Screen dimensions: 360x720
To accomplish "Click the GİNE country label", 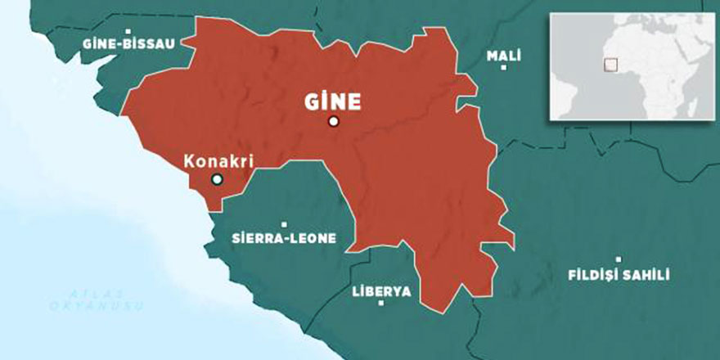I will (x=333, y=102).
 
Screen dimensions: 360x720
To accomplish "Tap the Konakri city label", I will (x=216, y=161).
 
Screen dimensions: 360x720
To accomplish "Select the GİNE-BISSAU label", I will (x=128, y=43).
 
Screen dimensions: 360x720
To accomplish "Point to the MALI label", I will (x=503, y=56).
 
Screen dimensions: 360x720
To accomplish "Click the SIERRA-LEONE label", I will (x=283, y=239).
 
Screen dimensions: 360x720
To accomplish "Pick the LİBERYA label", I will (x=381, y=291).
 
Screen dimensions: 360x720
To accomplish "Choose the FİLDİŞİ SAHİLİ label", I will (x=619, y=275).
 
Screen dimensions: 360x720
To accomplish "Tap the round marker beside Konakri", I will (x=217, y=179).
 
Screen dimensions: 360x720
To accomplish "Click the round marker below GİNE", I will (x=333, y=122).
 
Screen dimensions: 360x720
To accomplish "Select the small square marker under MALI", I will (x=503, y=68).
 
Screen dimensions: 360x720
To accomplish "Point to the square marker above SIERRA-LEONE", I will (x=284, y=224).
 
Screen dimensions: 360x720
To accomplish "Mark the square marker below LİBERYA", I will (x=381, y=304).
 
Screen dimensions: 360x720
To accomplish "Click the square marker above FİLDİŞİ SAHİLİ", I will (x=619, y=259).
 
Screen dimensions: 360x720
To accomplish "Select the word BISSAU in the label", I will (x=150, y=43).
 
